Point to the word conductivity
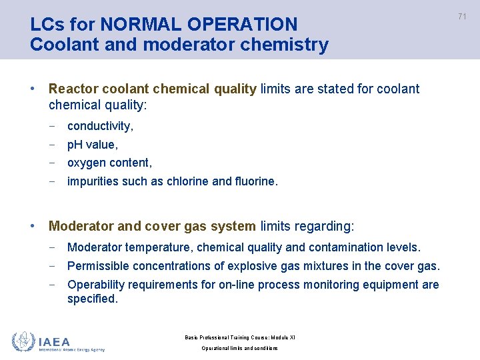(100, 125)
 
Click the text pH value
(92, 144)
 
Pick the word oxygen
(88, 163)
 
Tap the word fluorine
(255, 181)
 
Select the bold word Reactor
(74, 89)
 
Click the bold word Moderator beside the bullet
(81, 227)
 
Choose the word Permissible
(98, 266)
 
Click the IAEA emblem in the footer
(23, 341)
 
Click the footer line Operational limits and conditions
(240, 348)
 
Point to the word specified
(92, 299)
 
